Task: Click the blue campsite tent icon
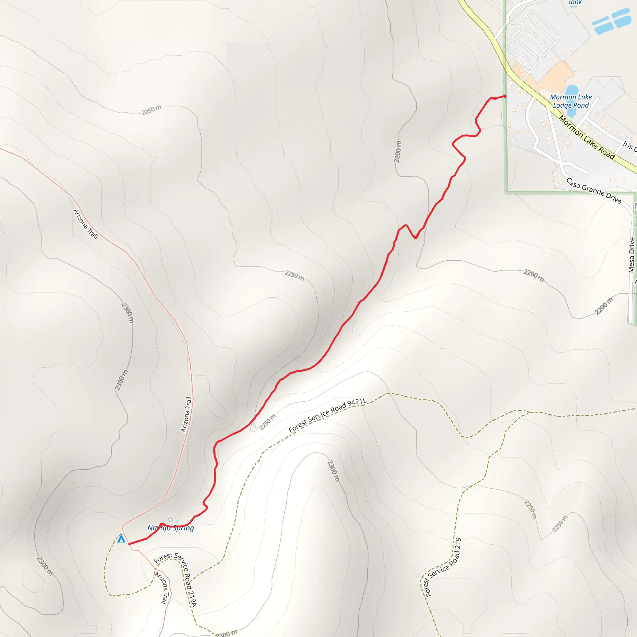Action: click(121, 538)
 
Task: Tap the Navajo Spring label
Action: click(170, 528)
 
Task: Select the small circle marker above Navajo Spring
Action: click(170, 520)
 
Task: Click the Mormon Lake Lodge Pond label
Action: click(571, 101)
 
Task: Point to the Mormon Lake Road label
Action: click(587, 137)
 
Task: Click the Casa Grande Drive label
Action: click(593, 191)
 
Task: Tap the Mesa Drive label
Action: click(631, 255)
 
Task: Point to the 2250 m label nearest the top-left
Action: click(152, 110)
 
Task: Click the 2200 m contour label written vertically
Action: click(398, 151)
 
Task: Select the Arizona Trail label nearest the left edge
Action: click(86, 224)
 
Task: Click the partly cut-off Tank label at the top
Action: click(575, 2)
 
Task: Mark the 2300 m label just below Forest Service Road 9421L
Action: click(333, 471)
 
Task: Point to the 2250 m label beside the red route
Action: click(267, 422)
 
